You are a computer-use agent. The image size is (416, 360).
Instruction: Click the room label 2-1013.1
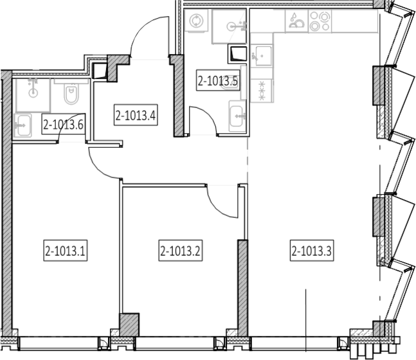coord(66,251)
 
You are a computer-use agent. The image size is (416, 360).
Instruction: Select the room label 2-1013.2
coord(181,251)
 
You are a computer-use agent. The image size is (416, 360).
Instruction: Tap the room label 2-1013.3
coord(312,251)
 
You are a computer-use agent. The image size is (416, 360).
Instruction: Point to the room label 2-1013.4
coord(136,115)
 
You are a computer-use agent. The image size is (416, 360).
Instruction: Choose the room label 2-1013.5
coord(218,80)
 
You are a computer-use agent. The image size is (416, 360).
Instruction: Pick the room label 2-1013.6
coord(64,124)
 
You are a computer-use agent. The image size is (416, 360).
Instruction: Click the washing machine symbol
coord(197,21)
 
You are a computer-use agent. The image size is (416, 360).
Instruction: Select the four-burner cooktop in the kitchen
coord(320,21)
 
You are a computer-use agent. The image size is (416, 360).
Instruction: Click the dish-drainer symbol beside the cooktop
coord(296,21)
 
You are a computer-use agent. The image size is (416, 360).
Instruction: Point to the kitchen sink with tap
coord(261,56)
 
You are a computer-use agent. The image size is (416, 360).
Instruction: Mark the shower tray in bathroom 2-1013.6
coord(33,94)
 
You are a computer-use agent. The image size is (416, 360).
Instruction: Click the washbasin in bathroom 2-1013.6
coord(23,125)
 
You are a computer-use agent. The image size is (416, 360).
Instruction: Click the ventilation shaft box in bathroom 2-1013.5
coord(237,55)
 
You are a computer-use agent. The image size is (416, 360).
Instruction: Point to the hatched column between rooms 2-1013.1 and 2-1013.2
coord(129,325)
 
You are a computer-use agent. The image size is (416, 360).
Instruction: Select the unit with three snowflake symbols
coord(262,91)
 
